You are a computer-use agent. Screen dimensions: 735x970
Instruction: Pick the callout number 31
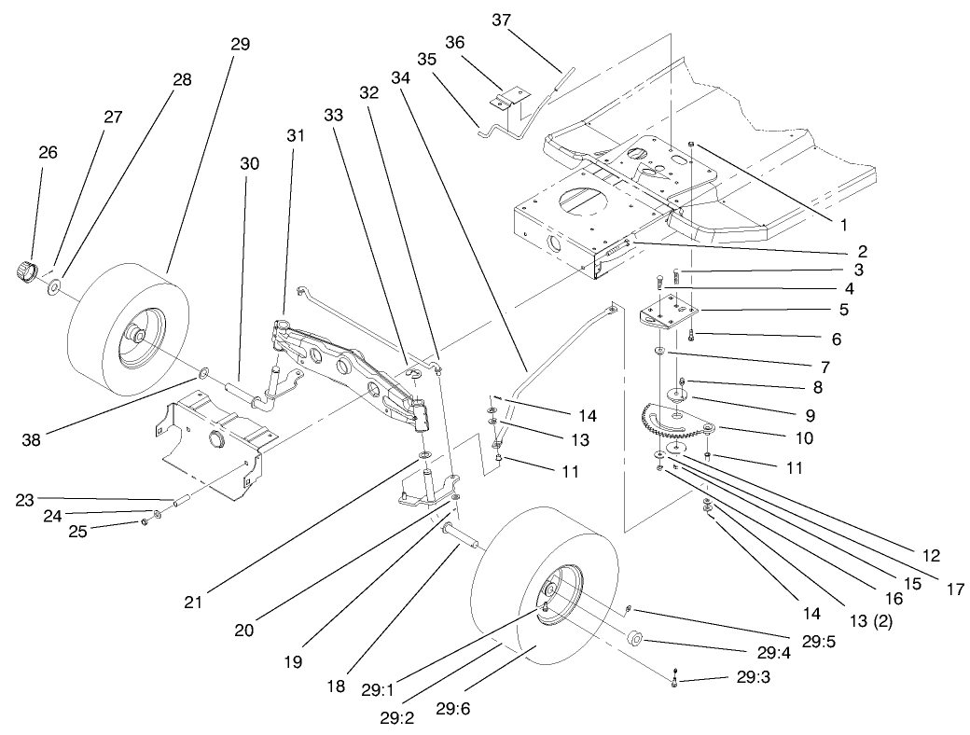296,134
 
